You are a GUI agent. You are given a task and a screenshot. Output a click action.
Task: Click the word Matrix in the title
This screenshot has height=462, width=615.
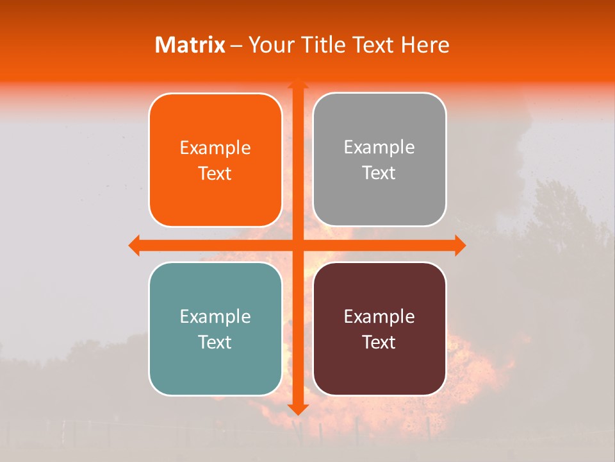coord(190,45)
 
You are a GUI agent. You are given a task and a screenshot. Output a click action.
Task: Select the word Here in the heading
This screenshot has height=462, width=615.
coord(425,45)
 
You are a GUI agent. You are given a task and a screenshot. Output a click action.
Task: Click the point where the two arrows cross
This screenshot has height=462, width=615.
coord(297,245)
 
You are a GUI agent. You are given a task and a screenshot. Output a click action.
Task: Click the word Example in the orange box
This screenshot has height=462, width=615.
coord(215,148)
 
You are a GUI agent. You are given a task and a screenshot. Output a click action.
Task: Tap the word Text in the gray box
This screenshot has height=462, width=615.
coord(379,173)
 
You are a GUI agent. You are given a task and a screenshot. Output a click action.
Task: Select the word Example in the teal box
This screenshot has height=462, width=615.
coord(215,317)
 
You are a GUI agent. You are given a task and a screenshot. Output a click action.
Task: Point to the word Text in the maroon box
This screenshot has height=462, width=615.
coord(379,342)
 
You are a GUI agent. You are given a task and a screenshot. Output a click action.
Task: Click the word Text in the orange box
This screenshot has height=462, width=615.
coord(215,174)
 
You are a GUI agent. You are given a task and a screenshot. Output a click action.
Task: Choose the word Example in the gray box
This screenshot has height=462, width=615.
coord(379,148)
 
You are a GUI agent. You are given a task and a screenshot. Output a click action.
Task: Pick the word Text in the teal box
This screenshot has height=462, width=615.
coord(215,342)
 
